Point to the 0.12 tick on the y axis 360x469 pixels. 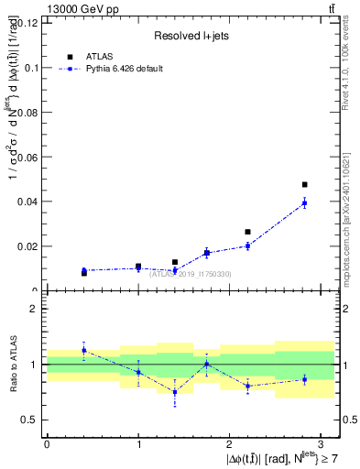click(28, 23)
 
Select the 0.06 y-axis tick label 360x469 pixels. click(28, 158)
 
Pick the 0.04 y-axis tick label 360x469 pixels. click(28, 202)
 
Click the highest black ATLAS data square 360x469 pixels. click(304, 185)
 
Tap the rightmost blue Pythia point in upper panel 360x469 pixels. click(304, 203)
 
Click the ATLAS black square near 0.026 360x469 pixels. click(247, 232)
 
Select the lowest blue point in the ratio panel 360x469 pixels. click(175, 392)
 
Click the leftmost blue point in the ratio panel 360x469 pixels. click(83, 350)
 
